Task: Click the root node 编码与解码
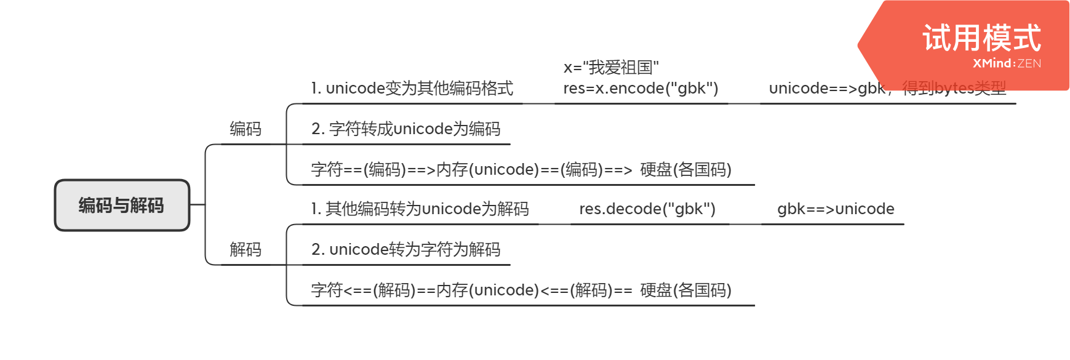(122, 206)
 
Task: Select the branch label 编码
(246, 129)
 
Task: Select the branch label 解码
(246, 249)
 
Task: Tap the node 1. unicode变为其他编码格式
(412, 89)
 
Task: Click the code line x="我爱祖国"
(611, 67)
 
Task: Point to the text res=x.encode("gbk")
(641, 89)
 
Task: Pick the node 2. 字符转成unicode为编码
(405, 129)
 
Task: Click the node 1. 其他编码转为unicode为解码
(420, 209)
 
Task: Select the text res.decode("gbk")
(647, 209)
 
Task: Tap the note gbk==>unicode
(836, 209)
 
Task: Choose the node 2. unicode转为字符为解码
(405, 249)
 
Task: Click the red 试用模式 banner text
(981, 38)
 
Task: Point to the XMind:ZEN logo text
(1007, 63)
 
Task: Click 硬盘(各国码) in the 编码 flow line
(685, 169)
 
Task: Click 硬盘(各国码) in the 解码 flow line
(685, 290)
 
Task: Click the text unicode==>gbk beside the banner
(826, 89)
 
